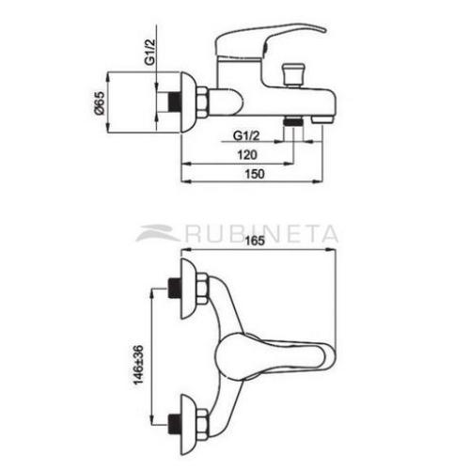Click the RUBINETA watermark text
click(262, 232)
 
